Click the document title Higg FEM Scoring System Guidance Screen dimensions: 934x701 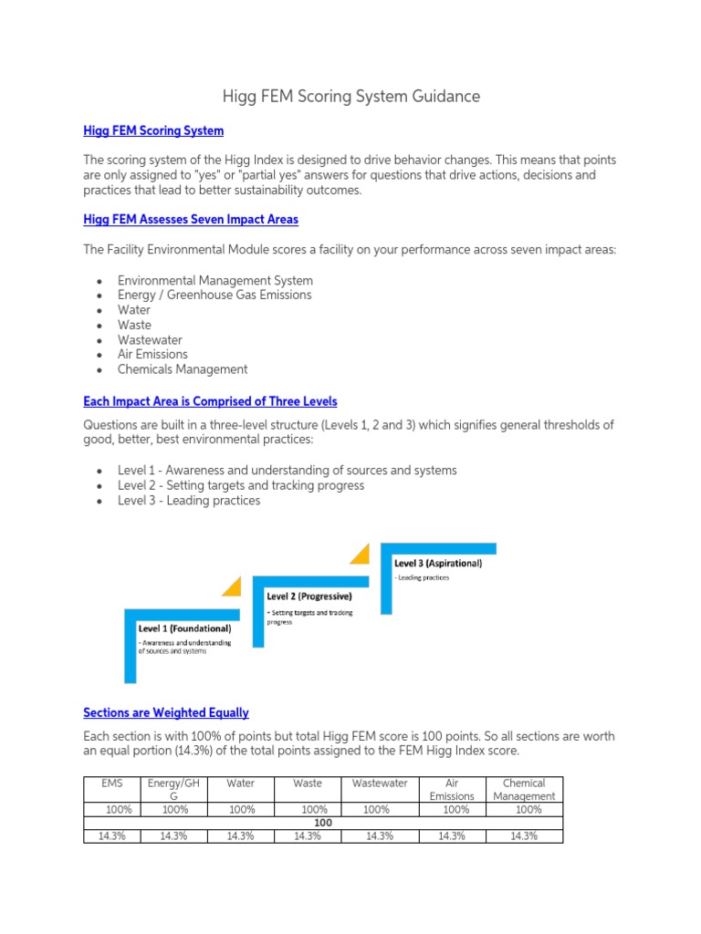click(351, 96)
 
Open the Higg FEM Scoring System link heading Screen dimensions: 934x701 click(153, 130)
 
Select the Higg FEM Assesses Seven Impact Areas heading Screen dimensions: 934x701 click(190, 220)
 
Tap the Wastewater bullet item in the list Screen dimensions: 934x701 click(150, 339)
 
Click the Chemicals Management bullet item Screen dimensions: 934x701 click(183, 369)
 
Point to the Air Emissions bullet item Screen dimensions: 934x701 click(152, 354)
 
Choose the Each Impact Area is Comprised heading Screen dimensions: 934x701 click(210, 401)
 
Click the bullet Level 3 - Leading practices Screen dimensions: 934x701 click(189, 501)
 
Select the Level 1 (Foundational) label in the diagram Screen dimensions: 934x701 click(184, 628)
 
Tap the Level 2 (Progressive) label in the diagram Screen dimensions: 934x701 click(309, 597)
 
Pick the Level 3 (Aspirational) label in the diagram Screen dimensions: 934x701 click(438, 563)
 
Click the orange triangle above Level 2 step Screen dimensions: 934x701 click(232, 586)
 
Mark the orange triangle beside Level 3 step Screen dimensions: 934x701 click(361, 554)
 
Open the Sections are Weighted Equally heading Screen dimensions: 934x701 click(165, 712)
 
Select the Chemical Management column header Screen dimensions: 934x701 click(524, 789)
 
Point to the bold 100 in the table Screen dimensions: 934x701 click(322, 823)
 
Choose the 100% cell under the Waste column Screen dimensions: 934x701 click(314, 809)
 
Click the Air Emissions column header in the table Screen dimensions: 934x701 click(452, 789)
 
